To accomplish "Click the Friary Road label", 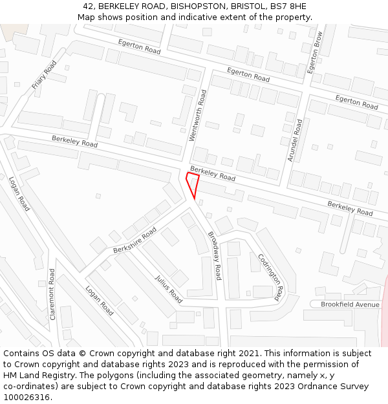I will (x=45, y=74).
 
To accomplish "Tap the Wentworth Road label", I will (x=202, y=116).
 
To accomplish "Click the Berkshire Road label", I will (x=135, y=240).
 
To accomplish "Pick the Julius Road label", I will (x=169, y=289).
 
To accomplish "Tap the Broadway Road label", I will (x=215, y=256).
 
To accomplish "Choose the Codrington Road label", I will (x=270, y=277).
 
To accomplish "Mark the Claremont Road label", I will (x=52, y=299).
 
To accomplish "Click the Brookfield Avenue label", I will (x=350, y=304).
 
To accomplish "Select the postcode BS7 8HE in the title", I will (x=292, y=6).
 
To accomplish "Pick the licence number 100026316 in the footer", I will (x=25, y=398).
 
